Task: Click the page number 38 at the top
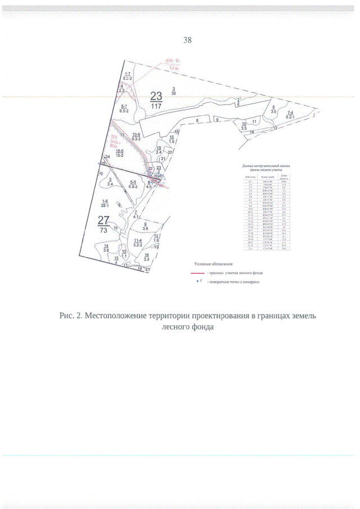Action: (188, 40)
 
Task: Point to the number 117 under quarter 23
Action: (156, 106)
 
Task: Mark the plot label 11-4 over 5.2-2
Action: (137, 242)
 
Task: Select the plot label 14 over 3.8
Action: (106, 248)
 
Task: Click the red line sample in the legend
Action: (199, 272)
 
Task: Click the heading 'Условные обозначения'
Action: (214, 263)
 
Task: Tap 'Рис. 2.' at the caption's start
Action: (71, 316)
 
